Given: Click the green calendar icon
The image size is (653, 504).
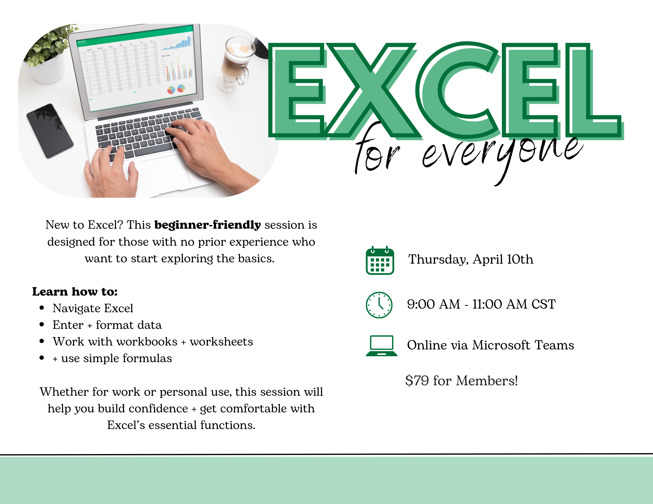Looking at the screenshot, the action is coord(380,260).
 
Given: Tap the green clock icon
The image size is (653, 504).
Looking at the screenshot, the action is coord(379,305).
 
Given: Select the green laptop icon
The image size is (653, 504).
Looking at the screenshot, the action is coord(382,345).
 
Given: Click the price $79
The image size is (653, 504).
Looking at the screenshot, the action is coord(417,381).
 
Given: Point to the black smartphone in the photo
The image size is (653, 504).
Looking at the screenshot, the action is coord(49,130).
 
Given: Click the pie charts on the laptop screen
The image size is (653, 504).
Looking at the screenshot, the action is coord(176,89).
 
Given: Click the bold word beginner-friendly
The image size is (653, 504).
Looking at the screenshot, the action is coord(208,225).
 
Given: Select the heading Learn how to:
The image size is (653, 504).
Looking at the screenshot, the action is coord(75,292).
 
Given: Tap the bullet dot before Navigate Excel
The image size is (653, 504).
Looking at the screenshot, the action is coord(42,308).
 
